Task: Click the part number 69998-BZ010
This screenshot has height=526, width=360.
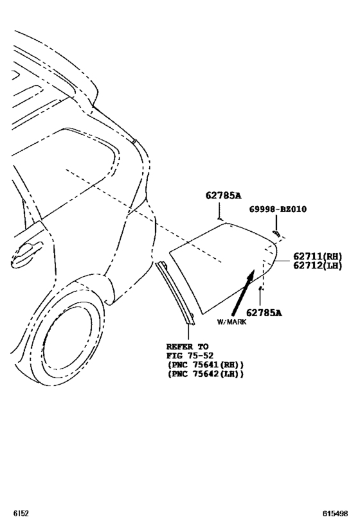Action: click(278, 209)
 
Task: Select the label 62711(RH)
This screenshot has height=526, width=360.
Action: click(318, 257)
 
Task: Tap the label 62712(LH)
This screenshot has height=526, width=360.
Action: click(318, 266)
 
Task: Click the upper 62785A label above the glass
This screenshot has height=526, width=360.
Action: click(224, 195)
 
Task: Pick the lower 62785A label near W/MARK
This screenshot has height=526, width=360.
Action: click(264, 313)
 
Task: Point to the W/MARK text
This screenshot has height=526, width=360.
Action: click(231, 322)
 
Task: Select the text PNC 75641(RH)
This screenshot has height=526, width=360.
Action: click(205, 365)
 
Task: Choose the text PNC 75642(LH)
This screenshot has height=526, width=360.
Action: click(205, 374)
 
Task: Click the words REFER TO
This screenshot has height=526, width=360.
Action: click(187, 347)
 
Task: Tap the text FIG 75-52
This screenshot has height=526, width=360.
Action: click(190, 356)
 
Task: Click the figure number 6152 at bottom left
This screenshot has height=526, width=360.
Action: click(21, 513)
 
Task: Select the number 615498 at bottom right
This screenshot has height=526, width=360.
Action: click(336, 513)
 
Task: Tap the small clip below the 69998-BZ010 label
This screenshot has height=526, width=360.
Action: click(276, 233)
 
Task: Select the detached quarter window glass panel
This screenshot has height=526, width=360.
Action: click(222, 265)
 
